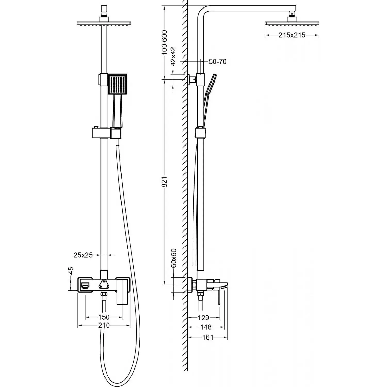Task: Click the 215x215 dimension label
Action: (292, 35)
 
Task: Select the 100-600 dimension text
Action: (164, 43)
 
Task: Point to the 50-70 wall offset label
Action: (217, 62)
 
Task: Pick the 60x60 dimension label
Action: (173, 258)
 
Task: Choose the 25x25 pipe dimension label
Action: (83, 255)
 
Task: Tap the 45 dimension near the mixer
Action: (71, 270)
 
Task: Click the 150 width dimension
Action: (104, 317)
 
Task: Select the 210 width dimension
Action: (104, 325)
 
